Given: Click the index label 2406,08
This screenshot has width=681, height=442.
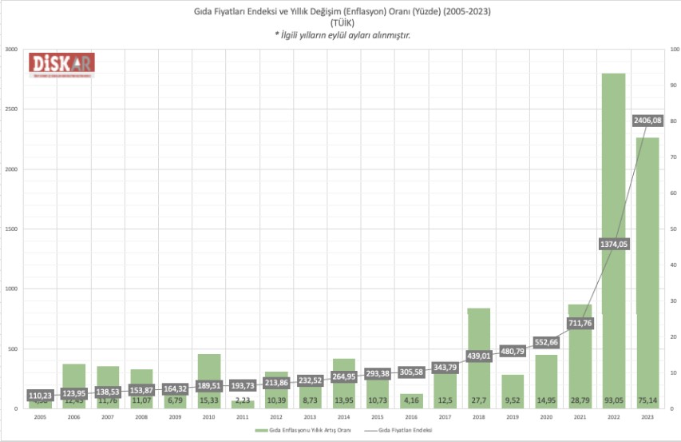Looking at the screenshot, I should coord(647,120).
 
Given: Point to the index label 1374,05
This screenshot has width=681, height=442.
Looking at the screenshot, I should coord(613,245).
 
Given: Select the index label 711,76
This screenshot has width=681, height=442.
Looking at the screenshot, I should coord(580,323).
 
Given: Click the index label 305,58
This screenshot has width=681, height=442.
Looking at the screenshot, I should coord(410,372).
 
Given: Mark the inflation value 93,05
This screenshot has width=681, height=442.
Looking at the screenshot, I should coord(613,399).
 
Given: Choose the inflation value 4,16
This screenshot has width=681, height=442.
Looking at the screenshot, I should coord(410,399).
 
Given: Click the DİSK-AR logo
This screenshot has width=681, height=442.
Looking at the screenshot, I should coord(62,65).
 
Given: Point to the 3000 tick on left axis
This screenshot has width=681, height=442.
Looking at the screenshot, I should coord(11,50).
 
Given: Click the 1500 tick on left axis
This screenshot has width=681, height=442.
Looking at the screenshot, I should coord(11,229).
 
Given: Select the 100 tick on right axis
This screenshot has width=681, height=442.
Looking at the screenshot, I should coord(672,50).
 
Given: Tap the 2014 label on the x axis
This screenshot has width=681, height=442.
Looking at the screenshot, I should coord(343,417).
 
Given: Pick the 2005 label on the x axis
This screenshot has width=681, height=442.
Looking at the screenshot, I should coord(40,417).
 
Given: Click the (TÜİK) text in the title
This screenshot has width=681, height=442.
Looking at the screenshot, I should coord(341,24).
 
